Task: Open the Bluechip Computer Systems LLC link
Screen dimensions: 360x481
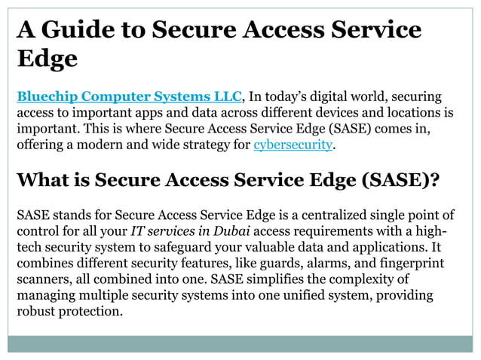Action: coord(129,97)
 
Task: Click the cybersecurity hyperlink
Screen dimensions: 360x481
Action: coord(293,144)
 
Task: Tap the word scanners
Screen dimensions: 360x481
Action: coord(42,279)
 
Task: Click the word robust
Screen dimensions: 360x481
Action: coord(36,311)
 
